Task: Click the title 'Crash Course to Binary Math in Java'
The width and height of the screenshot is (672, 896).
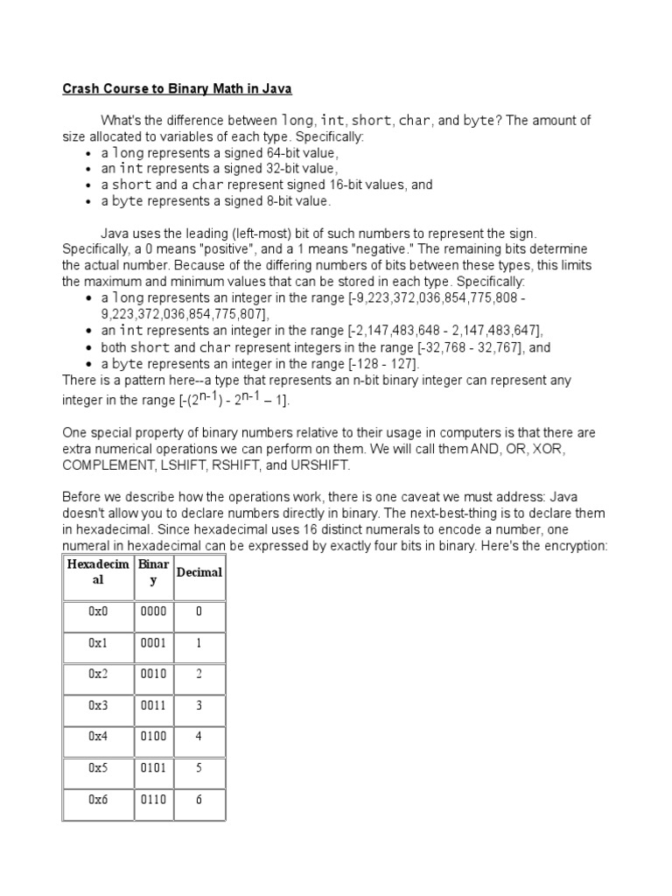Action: (177, 89)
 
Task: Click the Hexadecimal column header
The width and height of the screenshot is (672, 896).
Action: (97, 572)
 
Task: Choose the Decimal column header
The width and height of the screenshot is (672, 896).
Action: (199, 572)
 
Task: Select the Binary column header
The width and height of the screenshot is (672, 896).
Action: (153, 572)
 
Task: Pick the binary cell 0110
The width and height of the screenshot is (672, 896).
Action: (153, 800)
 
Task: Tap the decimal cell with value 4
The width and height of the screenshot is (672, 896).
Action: (199, 737)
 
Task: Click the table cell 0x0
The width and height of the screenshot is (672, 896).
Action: (97, 612)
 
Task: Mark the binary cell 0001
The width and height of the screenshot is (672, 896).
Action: (153, 643)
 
